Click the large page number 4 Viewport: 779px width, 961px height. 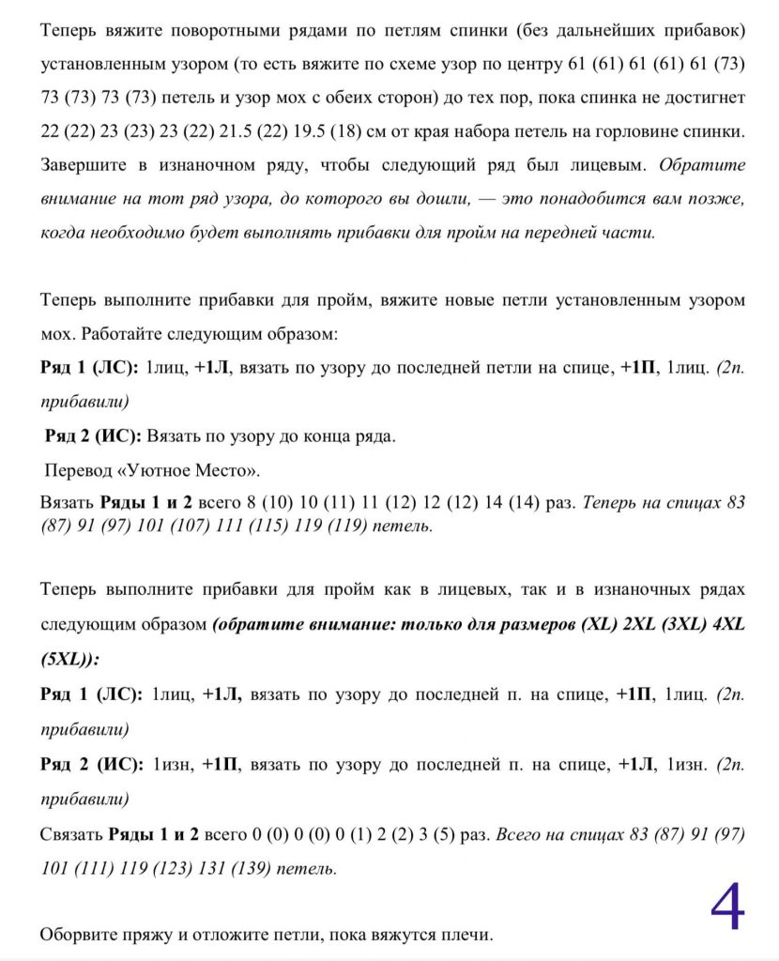pyautogui.click(x=727, y=908)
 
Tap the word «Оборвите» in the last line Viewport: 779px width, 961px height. pyautogui.click(x=78, y=935)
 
